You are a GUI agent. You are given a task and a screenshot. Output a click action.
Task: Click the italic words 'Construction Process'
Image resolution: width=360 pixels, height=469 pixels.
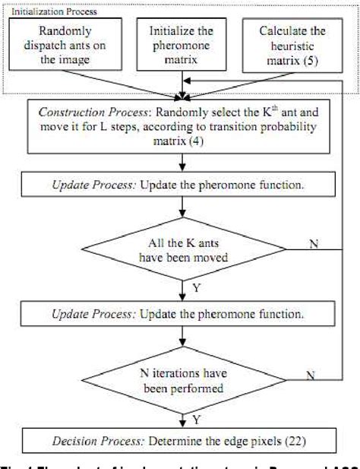click(x=83, y=111)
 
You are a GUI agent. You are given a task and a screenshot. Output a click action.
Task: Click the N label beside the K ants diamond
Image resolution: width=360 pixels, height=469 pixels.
click(x=314, y=243)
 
